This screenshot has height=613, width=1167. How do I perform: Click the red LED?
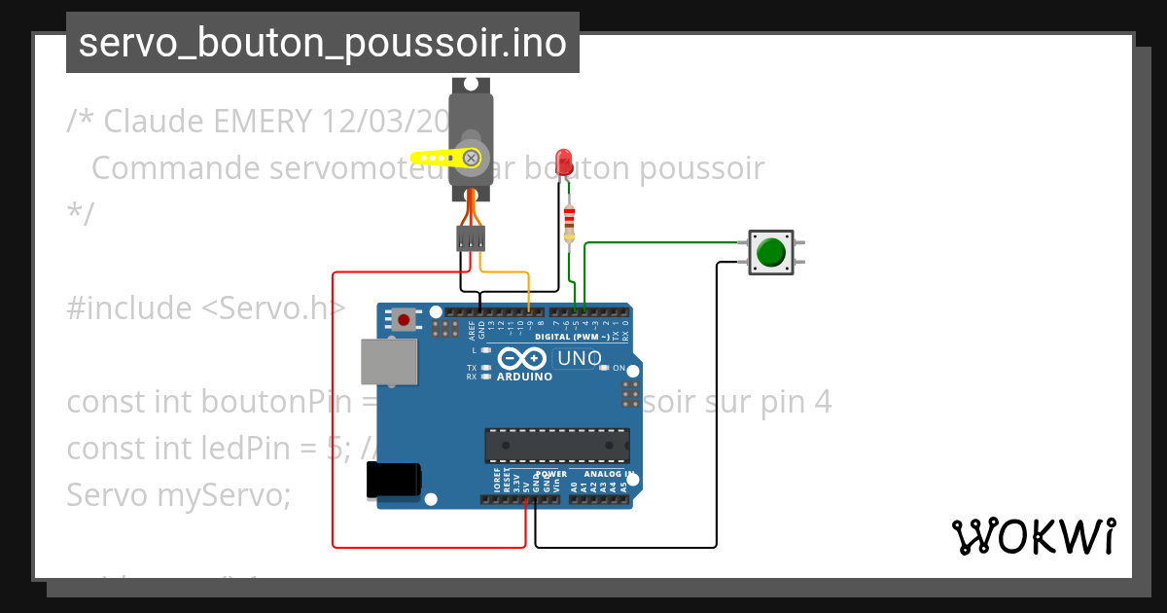tap(562, 161)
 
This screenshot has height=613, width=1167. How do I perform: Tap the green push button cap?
tap(771, 252)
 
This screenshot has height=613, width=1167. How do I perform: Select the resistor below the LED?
tap(569, 223)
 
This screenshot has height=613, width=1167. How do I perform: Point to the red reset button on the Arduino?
tap(403, 318)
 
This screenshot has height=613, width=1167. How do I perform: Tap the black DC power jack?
tap(392, 481)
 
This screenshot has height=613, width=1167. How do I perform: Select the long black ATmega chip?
tap(556, 445)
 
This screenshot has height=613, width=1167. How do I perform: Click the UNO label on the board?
tap(579, 359)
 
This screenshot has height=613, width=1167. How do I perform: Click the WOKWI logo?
tap(1033, 536)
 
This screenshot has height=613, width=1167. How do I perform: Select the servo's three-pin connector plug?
tap(472, 237)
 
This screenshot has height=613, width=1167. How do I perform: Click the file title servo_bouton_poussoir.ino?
tap(322, 43)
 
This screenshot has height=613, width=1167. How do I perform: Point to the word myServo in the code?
tap(223, 495)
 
